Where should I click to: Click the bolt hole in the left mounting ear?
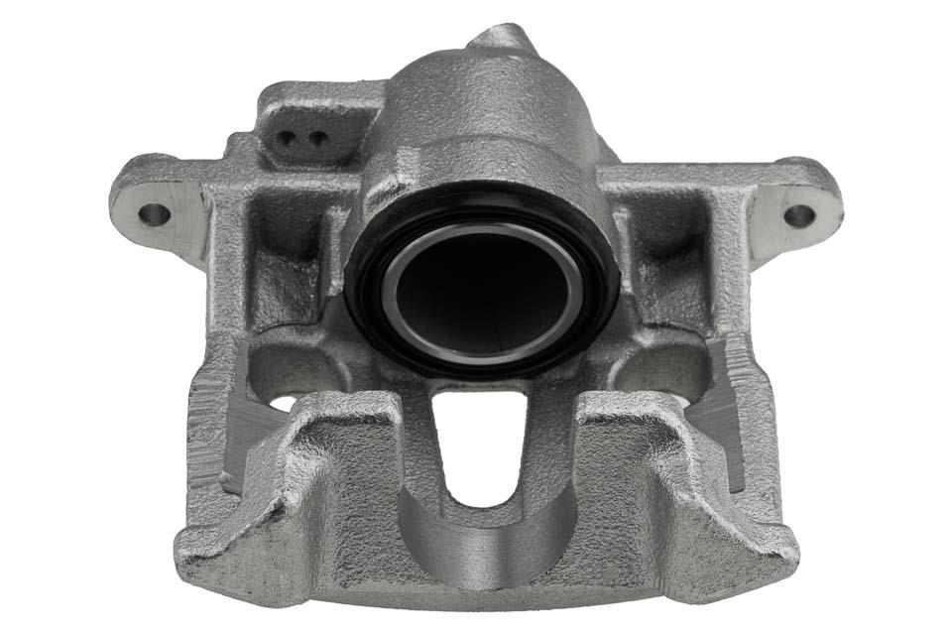(x=153, y=213)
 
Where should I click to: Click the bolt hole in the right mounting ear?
(x=798, y=214)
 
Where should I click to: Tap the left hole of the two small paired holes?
(x=288, y=138)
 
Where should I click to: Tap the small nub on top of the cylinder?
(x=501, y=38)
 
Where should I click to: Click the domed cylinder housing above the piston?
(x=486, y=109)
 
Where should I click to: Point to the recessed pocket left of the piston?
(x=283, y=248)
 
